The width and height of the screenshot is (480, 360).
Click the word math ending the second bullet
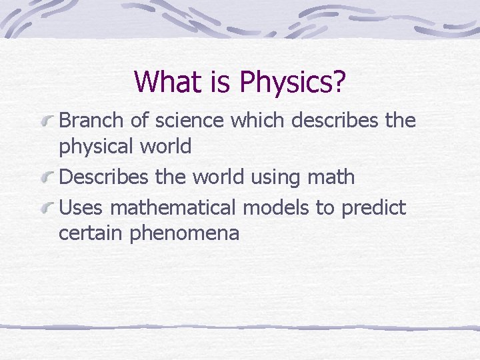click(332, 177)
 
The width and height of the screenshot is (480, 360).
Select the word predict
click(373, 208)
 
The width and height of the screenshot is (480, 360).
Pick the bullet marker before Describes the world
click(47, 178)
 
